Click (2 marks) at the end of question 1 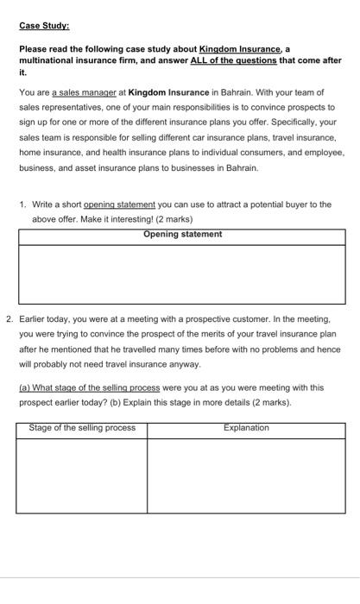173,219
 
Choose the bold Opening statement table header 182,235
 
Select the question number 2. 9,319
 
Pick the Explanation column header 246,428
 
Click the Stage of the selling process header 82,428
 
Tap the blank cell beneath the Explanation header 246,475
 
